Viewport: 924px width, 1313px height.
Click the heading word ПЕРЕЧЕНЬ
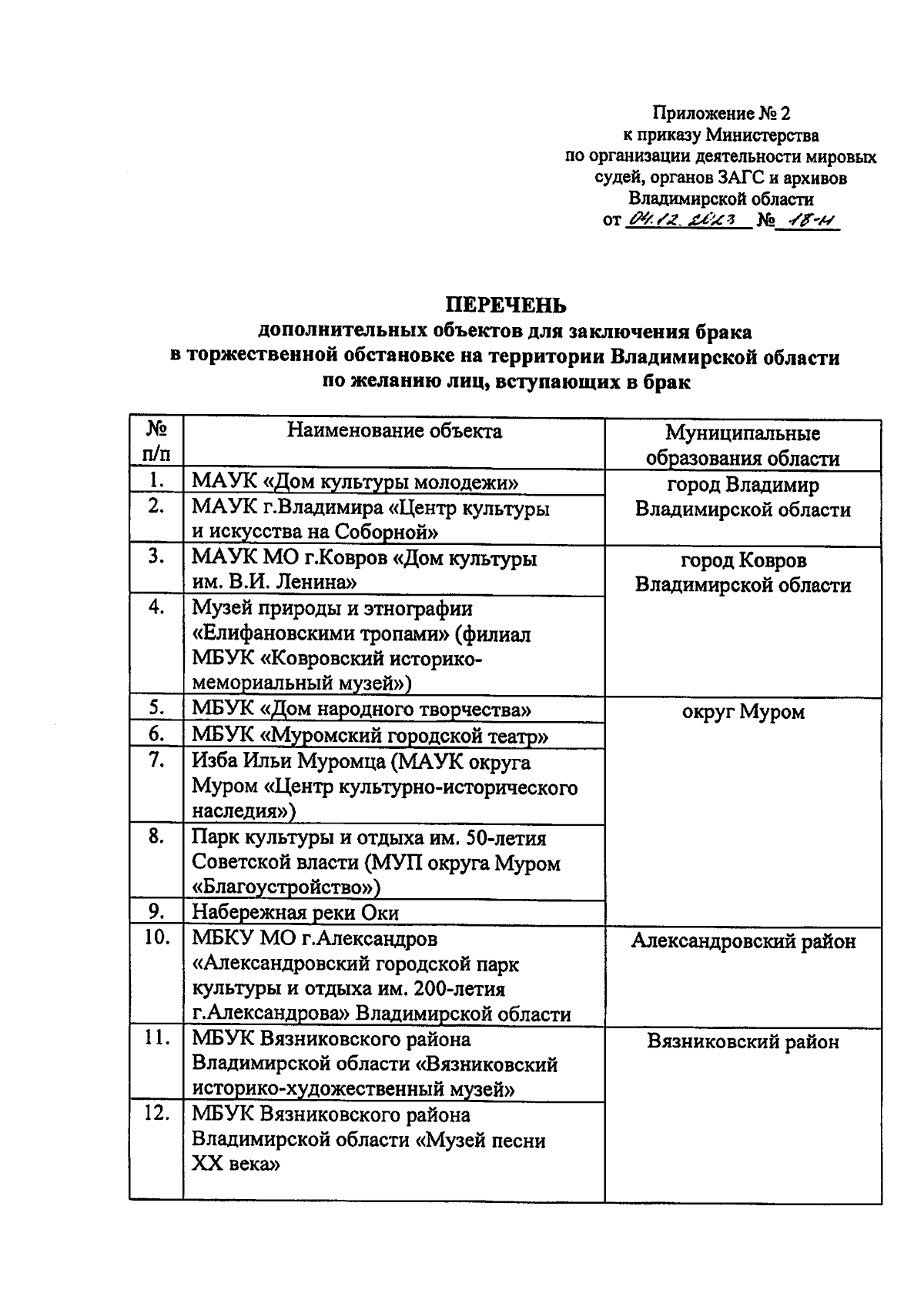point(507,306)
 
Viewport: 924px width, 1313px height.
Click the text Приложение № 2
point(721,114)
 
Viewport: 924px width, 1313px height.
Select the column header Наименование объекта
point(394,431)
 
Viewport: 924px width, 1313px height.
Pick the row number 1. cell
point(156,481)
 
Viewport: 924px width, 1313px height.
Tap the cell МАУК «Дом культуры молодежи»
point(355,483)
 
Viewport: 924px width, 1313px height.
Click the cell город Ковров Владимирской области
point(742,573)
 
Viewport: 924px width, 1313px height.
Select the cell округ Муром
point(742,712)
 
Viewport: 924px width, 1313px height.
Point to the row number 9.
point(156,912)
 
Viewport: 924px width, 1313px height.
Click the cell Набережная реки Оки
point(295,913)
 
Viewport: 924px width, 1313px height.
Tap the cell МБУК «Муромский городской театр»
point(370,736)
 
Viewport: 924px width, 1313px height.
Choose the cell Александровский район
point(742,941)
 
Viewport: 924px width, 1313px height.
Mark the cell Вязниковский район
point(742,1042)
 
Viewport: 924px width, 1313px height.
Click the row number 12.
point(156,1114)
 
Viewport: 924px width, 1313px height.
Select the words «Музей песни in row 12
point(480,1140)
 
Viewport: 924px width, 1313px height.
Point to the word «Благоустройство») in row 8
point(286,887)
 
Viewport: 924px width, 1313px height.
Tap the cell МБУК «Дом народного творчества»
point(361,710)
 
